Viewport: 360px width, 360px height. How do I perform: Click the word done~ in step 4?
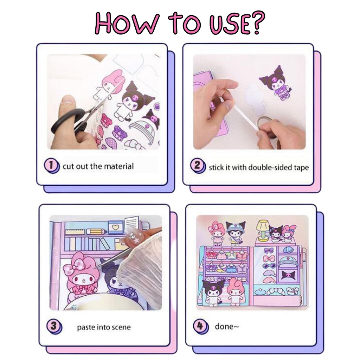pos(227,326)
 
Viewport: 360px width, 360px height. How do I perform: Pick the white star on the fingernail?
pos(137,241)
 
